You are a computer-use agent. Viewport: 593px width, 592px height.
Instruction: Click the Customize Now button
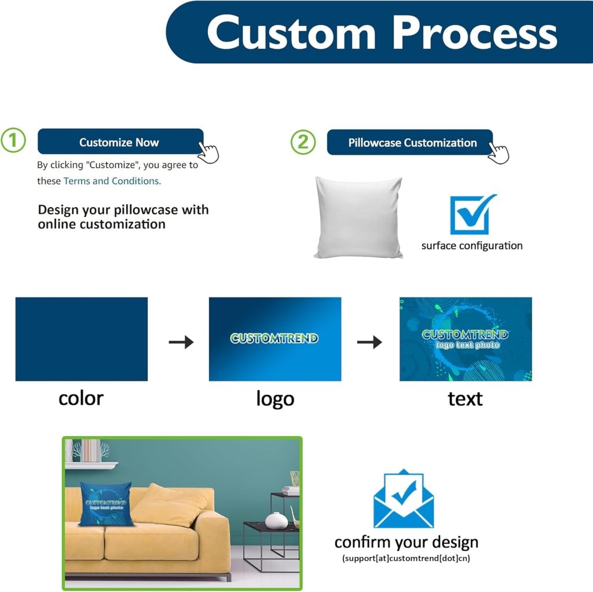coord(119,142)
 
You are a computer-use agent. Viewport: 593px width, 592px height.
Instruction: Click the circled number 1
coord(13,141)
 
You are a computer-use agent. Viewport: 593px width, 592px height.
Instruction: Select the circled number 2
coord(303,142)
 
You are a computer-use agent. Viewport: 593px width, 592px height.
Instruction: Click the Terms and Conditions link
coord(112,181)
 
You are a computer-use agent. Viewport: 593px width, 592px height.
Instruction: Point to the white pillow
coord(358,217)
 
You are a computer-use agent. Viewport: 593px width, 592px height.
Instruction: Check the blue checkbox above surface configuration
coord(472,215)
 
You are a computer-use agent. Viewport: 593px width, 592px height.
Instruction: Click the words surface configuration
coord(471,245)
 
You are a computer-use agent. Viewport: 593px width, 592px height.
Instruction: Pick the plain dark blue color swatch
coord(82,339)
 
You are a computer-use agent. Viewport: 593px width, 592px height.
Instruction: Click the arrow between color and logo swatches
coord(181,342)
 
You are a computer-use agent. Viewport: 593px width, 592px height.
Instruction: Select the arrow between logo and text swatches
coord(369,342)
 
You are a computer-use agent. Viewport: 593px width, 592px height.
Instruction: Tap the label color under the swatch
coord(81,398)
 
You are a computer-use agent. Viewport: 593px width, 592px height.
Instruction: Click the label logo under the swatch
coord(275,399)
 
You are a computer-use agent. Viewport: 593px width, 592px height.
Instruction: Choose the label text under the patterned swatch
coord(465,399)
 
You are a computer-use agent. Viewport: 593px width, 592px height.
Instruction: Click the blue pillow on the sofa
coord(105,503)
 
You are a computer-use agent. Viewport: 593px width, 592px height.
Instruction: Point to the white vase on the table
coord(276,520)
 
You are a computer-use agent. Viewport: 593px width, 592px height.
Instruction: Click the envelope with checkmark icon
coord(403,499)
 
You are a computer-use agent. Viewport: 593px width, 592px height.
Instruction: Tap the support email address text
coord(406,559)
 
